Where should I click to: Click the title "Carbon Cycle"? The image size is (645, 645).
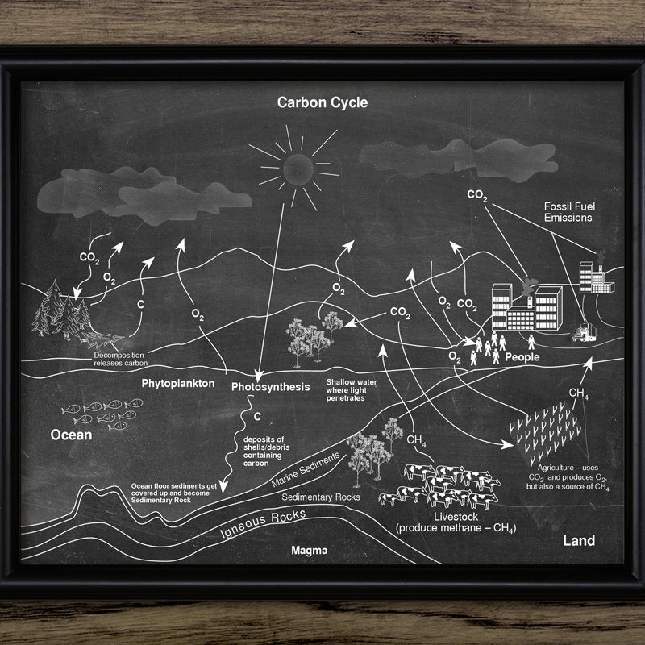tap(322, 102)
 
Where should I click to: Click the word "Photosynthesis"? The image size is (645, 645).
tap(270, 387)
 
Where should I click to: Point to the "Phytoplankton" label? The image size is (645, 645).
tap(178, 383)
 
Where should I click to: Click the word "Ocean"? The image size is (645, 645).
tap(71, 435)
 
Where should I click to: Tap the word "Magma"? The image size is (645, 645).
tap(310, 550)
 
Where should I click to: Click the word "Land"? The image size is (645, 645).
tap(578, 540)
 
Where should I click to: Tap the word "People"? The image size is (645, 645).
tap(522, 356)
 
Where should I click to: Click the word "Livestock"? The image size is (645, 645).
tap(456, 516)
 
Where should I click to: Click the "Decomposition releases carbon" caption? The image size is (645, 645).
tap(120, 360)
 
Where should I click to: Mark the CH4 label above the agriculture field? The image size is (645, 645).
tap(578, 393)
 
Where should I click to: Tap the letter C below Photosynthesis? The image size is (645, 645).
tap(258, 418)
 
